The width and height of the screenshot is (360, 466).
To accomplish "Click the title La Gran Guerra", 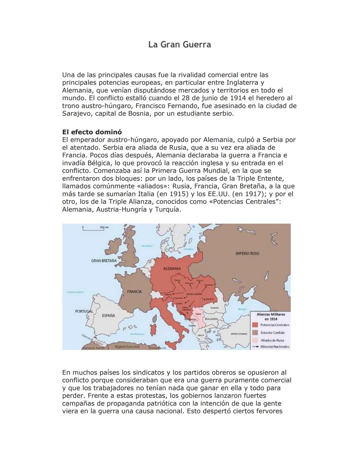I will coord(180,45).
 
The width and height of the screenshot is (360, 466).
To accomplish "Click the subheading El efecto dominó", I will coord(92,132).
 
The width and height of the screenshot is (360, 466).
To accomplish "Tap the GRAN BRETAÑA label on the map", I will coord(104,260).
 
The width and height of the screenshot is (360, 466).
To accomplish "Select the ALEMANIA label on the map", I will coord(172,269).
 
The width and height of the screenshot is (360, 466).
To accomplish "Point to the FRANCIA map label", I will coord(134,292).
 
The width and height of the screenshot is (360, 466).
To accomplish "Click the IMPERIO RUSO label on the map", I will coord(247,254).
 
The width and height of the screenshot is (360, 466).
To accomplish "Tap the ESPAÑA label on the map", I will coord(109,315).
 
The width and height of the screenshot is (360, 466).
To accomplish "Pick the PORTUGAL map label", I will coord(84,311).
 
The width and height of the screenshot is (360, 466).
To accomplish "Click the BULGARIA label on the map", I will coord(211,319).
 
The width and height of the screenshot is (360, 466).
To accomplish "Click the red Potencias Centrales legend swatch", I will coord(255,325).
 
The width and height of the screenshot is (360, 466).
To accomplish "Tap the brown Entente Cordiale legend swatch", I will coord(255,333).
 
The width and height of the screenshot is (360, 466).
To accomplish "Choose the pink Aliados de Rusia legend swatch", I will coord(255,340).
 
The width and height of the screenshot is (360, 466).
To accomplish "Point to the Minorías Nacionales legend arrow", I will coord(256,347).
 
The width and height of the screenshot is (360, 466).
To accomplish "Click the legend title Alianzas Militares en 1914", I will coord(271,317).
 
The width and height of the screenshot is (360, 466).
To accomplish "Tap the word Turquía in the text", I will coord(168,209).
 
